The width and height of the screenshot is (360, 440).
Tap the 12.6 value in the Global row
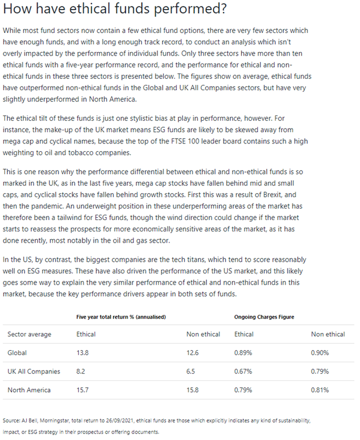tap(193, 353)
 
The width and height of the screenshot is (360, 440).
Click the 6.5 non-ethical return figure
tap(191, 371)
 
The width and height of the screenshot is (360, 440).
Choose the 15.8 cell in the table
tap(193, 390)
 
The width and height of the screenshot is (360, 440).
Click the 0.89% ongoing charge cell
tap(244, 353)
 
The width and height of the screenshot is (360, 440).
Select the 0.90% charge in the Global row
tap(320, 353)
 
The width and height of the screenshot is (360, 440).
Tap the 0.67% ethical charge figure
tap(244, 371)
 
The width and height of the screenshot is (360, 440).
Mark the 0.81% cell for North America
tap(320, 390)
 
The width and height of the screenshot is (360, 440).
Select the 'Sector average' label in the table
tap(29, 334)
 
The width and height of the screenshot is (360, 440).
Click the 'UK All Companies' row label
tap(34, 371)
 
